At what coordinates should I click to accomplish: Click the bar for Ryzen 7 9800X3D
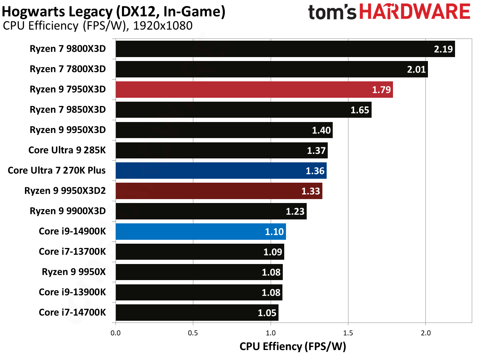coord(285,49)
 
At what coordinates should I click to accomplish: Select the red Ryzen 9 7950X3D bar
coord(254,90)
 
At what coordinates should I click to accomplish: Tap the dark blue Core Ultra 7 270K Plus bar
coord(221,171)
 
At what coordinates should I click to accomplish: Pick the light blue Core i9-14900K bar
coord(201,232)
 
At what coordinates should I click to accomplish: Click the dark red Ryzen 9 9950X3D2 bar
coord(219,191)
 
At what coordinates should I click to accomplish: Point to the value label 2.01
coord(416,69)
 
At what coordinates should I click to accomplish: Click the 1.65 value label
coord(359,110)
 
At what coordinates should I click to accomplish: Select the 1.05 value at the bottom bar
coord(267,313)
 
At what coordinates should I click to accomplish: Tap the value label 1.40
coord(321,130)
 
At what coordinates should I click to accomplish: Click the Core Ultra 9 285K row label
coord(67,150)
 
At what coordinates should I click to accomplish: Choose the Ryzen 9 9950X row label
coord(74,272)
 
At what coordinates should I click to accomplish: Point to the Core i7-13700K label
coord(72,252)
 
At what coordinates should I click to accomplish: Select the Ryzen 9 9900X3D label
coord(68,211)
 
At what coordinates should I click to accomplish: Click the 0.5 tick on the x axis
coord(193,333)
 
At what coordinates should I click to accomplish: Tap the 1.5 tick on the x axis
coord(348,333)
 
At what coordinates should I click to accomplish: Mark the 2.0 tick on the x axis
coord(425,333)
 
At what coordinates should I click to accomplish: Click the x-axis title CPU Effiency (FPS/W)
coord(293,346)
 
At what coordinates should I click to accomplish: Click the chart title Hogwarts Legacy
coord(57,12)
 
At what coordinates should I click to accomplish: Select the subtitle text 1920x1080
coord(163,26)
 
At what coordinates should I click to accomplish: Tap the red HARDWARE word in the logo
coord(415,12)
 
